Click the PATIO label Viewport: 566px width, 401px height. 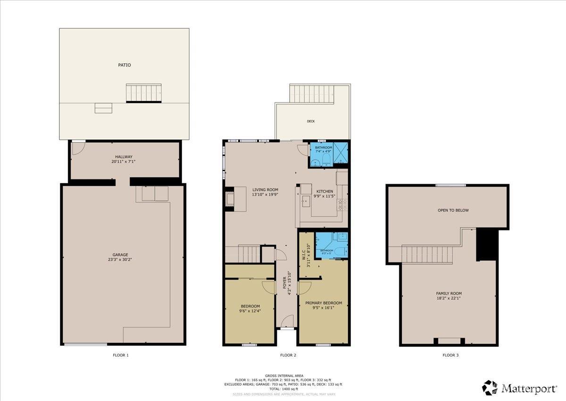pyautogui.click(x=124, y=65)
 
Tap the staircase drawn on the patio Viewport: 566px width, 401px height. pyautogui.click(x=143, y=93)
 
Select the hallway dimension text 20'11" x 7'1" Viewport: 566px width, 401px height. pyautogui.click(x=124, y=162)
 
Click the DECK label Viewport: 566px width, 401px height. pyautogui.click(x=311, y=121)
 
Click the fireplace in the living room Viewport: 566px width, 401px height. pyautogui.click(x=230, y=199)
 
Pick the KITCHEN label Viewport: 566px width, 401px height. pyautogui.click(x=325, y=191)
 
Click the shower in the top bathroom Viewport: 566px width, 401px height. pyautogui.click(x=341, y=154)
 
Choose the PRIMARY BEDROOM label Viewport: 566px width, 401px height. pyautogui.click(x=323, y=303)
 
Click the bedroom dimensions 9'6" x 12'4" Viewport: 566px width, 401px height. pyautogui.click(x=250, y=311)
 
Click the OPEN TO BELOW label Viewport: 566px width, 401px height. pyautogui.click(x=452, y=210)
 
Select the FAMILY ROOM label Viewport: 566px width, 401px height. pyautogui.click(x=449, y=293)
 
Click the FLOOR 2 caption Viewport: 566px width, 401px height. pyautogui.click(x=288, y=355)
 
